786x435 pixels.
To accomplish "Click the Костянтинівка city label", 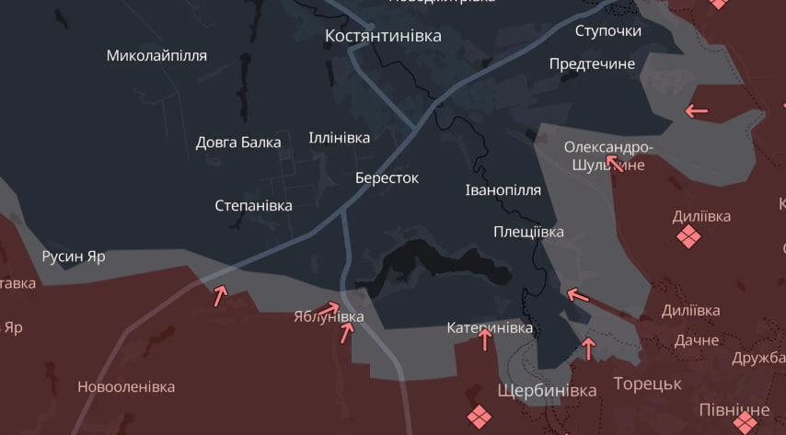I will point(383,36).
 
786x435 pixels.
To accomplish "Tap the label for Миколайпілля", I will point(156,55).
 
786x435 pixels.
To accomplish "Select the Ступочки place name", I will point(607,31).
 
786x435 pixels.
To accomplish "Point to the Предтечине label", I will point(592,64).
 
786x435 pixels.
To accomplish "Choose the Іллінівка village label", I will point(340,138).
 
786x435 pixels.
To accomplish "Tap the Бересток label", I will point(387,177).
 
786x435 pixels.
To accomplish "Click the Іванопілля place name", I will point(503,189).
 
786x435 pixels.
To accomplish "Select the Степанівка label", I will point(253,205).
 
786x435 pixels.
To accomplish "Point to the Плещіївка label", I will point(528,232).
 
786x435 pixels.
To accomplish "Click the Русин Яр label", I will point(74,257).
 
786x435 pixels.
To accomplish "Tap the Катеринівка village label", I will point(490,327).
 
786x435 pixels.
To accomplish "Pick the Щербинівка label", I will point(547,390).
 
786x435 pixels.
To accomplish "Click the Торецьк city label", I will point(647,383).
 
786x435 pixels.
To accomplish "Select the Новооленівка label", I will point(126,387).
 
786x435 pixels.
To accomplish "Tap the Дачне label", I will point(696,339).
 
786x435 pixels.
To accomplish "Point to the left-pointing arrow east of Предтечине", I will point(696,111).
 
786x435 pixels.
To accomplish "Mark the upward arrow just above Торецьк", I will point(589,349).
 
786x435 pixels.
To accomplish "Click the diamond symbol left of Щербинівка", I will point(479,418).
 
